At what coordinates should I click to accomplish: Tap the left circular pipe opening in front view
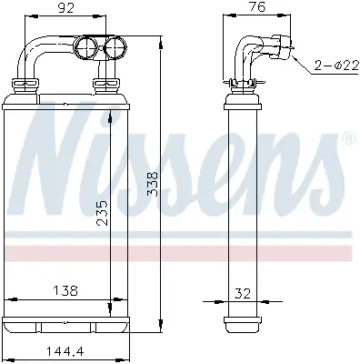[89, 47]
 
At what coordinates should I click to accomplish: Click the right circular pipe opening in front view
[116, 48]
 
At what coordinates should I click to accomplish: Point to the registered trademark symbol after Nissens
[346, 138]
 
